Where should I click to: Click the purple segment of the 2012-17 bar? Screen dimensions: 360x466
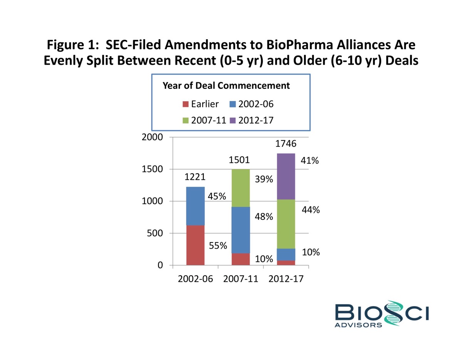(286, 176)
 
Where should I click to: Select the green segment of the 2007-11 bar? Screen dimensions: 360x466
(241, 188)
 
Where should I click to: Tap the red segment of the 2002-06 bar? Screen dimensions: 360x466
(195, 245)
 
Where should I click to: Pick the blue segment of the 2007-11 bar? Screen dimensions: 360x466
(241, 230)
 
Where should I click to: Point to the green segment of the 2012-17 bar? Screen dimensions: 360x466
(286, 224)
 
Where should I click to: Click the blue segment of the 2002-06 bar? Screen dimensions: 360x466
(195, 206)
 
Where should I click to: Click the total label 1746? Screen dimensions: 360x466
(286, 144)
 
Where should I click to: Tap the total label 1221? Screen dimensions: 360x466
(194, 177)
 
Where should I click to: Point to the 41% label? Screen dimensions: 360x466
(310, 161)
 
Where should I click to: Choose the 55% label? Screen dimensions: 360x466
(218, 246)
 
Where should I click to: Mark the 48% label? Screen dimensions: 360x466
(264, 217)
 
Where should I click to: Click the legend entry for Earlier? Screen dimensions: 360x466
(200, 104)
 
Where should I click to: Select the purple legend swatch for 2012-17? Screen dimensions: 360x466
(232, 121)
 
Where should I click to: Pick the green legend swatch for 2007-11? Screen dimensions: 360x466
(186, 121)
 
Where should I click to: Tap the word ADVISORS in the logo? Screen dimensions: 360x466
(359, 325)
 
